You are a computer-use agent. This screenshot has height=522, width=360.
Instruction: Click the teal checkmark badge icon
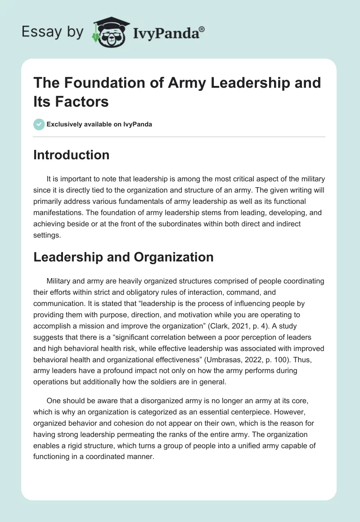tap(39, 124)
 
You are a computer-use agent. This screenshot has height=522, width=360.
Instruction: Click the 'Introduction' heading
tap(71, 155)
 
